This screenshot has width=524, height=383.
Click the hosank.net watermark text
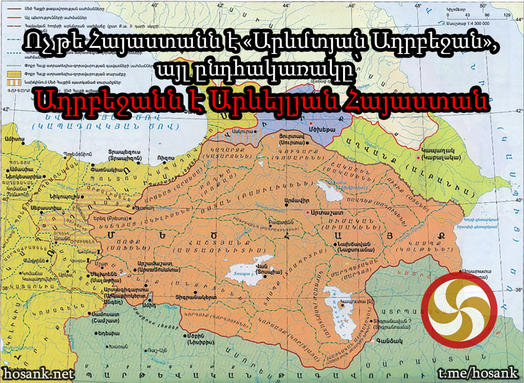click(39, 373)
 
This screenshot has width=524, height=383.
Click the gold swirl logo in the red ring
click(459, 310)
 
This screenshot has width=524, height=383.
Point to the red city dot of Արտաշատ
click(307, 213)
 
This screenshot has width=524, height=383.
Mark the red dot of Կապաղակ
click(418, 157)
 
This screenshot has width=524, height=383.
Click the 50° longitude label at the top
click(482, 6)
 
